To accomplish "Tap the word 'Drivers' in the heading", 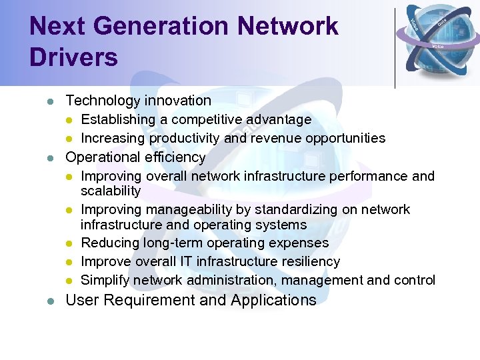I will pyautogui.click(x=73, y=57).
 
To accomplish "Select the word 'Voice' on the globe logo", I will pyautogui.click(x=438, y=47).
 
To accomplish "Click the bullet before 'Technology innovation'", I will pyautogui.click(x=49, y=102).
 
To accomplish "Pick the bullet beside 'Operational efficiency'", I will pyautogui.click(x=49, y=159).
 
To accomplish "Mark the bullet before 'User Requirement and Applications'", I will pyautogui.click(x=49, y=301).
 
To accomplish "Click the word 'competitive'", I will pyautogui.click(x=207, y=120).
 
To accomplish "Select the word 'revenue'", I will pyautogui.click(x=279, y=139).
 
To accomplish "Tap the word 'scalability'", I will pyautogui.click(x=111, y=191).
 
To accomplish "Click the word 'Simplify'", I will pyautogui.click(x=105, y=281).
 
